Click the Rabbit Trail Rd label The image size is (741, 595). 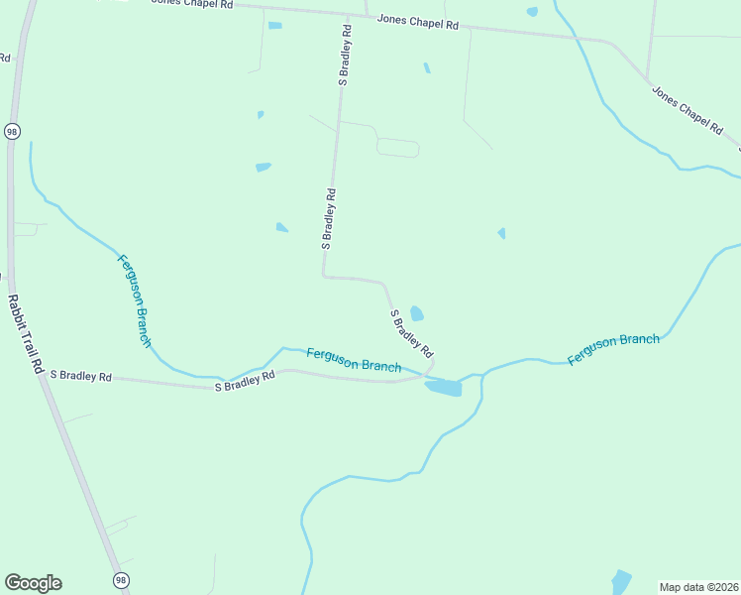24,333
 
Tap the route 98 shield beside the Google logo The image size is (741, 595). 121,580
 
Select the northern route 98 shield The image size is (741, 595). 12,132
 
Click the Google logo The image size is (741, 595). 33,583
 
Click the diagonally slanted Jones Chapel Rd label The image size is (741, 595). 687,109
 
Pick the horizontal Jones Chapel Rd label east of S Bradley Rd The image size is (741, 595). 417,22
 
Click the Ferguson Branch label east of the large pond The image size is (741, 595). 613,348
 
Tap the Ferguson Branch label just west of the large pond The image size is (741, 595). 354,359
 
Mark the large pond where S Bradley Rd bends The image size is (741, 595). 444,388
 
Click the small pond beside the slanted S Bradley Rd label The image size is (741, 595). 417,313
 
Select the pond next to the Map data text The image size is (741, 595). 621,581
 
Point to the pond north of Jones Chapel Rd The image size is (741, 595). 532,12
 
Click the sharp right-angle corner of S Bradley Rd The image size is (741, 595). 323,276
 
